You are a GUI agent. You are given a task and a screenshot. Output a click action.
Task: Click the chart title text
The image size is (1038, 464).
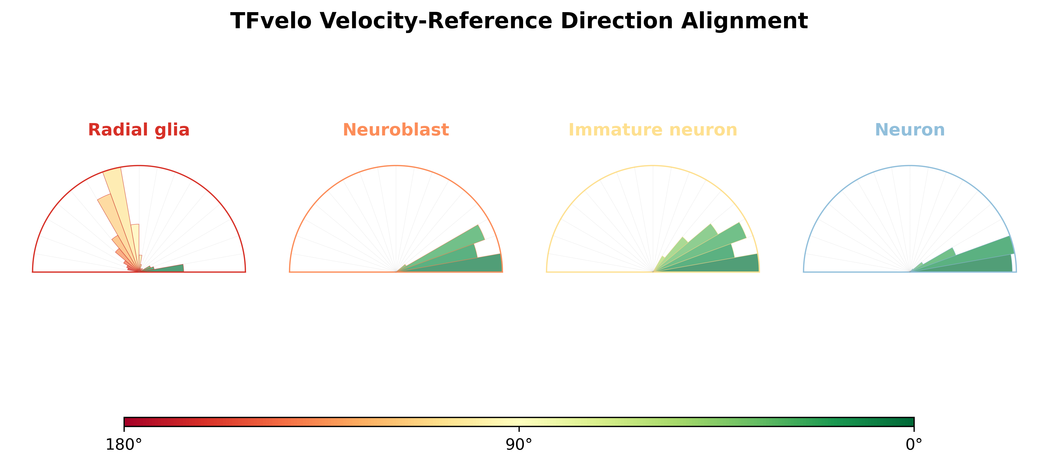coord(519,21)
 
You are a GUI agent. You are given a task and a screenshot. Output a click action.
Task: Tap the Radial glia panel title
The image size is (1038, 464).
coord(139,130)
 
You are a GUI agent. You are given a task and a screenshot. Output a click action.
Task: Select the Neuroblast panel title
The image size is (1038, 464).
coord(396,130)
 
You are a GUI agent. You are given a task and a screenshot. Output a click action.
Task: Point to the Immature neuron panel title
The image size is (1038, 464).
coord(653,130)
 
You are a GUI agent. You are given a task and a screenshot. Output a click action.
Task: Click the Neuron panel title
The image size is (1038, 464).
coord(910,130)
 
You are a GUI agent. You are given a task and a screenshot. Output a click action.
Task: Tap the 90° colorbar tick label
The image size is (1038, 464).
coord(519,445)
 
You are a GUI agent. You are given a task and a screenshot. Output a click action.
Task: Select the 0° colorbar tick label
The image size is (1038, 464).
coord(914,445)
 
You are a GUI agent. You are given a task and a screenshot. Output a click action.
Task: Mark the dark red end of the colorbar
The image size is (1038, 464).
coord(126,422)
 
